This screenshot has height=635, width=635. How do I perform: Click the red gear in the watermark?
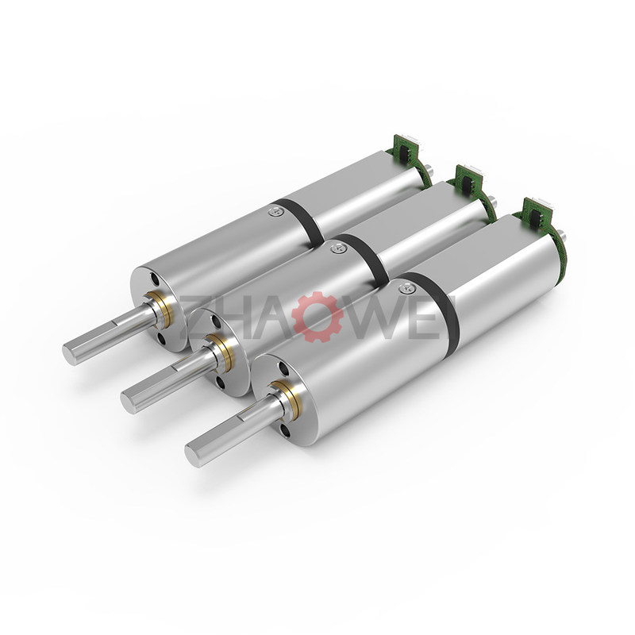pos(317,316)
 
